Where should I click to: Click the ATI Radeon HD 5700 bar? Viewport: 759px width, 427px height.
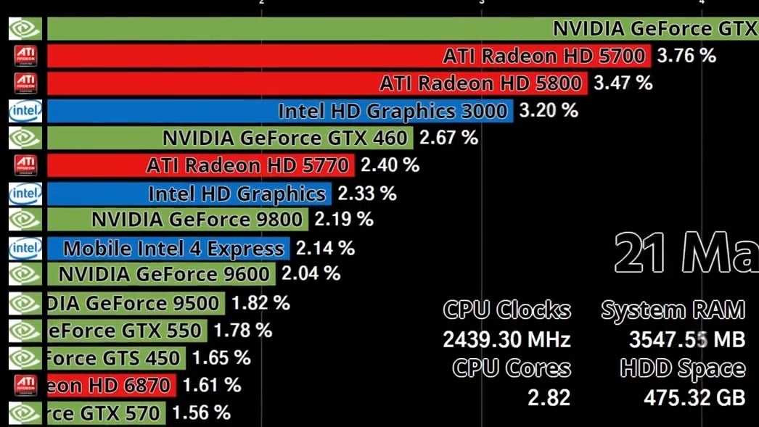[348, 56]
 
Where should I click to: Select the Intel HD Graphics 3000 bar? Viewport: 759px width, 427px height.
[279, 111]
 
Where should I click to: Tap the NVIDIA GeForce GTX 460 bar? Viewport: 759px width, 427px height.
[229, 138]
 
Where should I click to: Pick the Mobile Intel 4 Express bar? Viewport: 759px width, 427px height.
[168, 249]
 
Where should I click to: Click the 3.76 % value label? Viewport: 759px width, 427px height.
[686, 56]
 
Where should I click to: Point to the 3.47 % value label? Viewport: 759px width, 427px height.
[623, 83]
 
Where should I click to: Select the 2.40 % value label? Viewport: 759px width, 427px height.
[390, 165]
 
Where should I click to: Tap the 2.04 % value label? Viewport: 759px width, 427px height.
[311, 274]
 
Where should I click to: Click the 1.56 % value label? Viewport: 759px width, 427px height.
[201, 413]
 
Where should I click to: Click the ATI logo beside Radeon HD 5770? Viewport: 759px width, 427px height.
[25, 165]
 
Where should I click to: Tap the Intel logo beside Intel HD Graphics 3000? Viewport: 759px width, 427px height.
[25, 111]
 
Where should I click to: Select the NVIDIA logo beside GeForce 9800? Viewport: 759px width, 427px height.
[25, 219]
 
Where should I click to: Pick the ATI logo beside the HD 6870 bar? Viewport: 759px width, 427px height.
[25, 385]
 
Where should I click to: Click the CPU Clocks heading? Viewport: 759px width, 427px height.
[507, 310]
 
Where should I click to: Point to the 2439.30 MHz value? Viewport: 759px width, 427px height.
[507, 339]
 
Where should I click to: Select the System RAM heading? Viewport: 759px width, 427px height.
[673, 310]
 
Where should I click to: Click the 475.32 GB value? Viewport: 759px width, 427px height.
[694, 398]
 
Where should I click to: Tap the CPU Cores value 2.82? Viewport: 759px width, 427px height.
[549, 398]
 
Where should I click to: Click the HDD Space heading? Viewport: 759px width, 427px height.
[682, 368]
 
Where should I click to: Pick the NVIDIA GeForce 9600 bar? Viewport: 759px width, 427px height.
[160, 274]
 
